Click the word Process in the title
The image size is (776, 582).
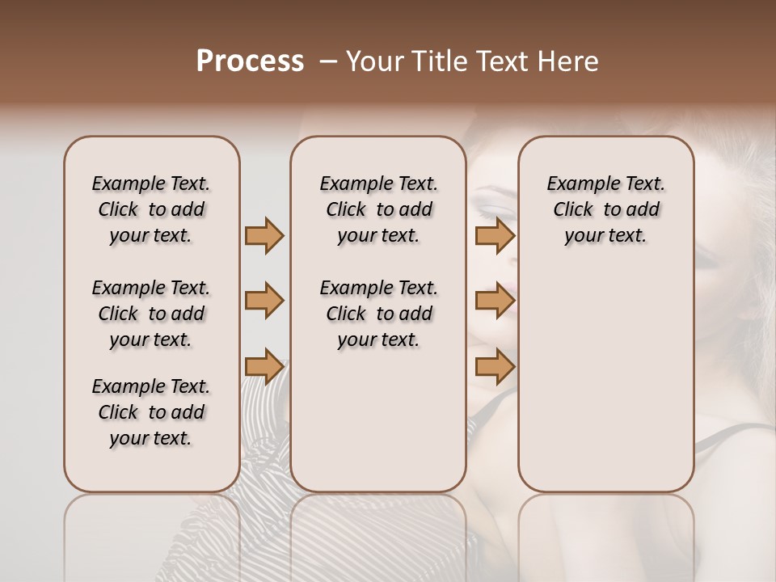pyautogui.click(x=250, y=61)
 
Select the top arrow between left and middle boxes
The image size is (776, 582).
pyautogui.click(x=264, y=235)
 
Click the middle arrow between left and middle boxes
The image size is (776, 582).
pyautogui.click(x=264, y=301)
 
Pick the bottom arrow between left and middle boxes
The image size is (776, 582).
pyautogui.click(x=264, y=367)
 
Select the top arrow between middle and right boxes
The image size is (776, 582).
pyautogui.click(x=495, y=235)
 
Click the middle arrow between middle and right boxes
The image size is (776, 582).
pyautogui.click(x=495, y=301)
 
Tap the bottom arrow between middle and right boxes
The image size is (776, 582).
pyautogui.click(x=495, y=367)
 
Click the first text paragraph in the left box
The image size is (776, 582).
pyautogui.click(x=151, y=209)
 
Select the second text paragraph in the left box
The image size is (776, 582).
pyautogui.click(x=151, y=314)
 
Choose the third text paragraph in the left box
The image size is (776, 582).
pyautogui.click(x=151, y=412)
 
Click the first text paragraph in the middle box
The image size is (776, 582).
pyautogui.click(x=378, y=209)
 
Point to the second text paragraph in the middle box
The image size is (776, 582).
pyautogui.click(x=378, y=314)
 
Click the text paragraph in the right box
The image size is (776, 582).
pyautogui.click(x=605, y=209)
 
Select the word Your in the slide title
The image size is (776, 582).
pyautogui.click(x=373, y=61)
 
